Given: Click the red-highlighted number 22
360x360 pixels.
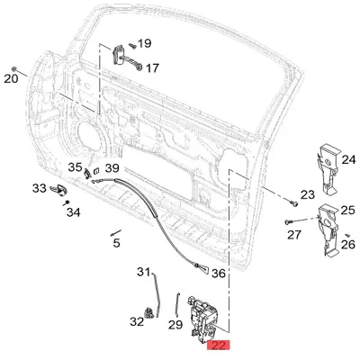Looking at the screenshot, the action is click(219, 346).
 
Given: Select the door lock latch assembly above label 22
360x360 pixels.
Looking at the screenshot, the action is click(202, 319).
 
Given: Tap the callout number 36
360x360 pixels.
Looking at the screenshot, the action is click(219, 274).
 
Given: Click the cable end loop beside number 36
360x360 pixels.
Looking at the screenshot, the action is click(202, 267).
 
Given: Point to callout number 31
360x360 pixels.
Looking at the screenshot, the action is click(143, 272).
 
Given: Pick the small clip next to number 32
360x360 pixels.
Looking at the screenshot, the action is click(149, 312).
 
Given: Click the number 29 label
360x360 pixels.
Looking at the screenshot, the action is click(175, 325).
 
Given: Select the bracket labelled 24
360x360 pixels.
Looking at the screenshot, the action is click(328, 169).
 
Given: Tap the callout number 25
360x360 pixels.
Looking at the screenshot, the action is click(348, 211).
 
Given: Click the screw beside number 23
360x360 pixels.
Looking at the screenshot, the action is click(294, 203).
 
